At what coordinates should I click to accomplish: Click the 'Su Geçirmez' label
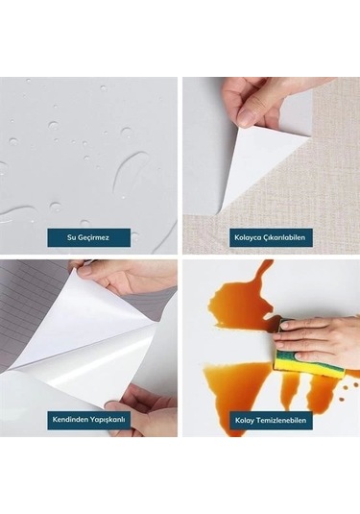tap(88, 237)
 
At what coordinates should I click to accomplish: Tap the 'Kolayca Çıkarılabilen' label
tap(270, 237)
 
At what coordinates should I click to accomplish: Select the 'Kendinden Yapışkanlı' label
tap(88, 419)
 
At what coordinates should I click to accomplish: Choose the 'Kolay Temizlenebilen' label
tap(271, 420)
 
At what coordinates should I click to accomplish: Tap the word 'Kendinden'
tap(66, 419)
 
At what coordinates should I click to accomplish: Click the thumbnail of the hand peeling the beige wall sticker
tap(271, 165)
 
